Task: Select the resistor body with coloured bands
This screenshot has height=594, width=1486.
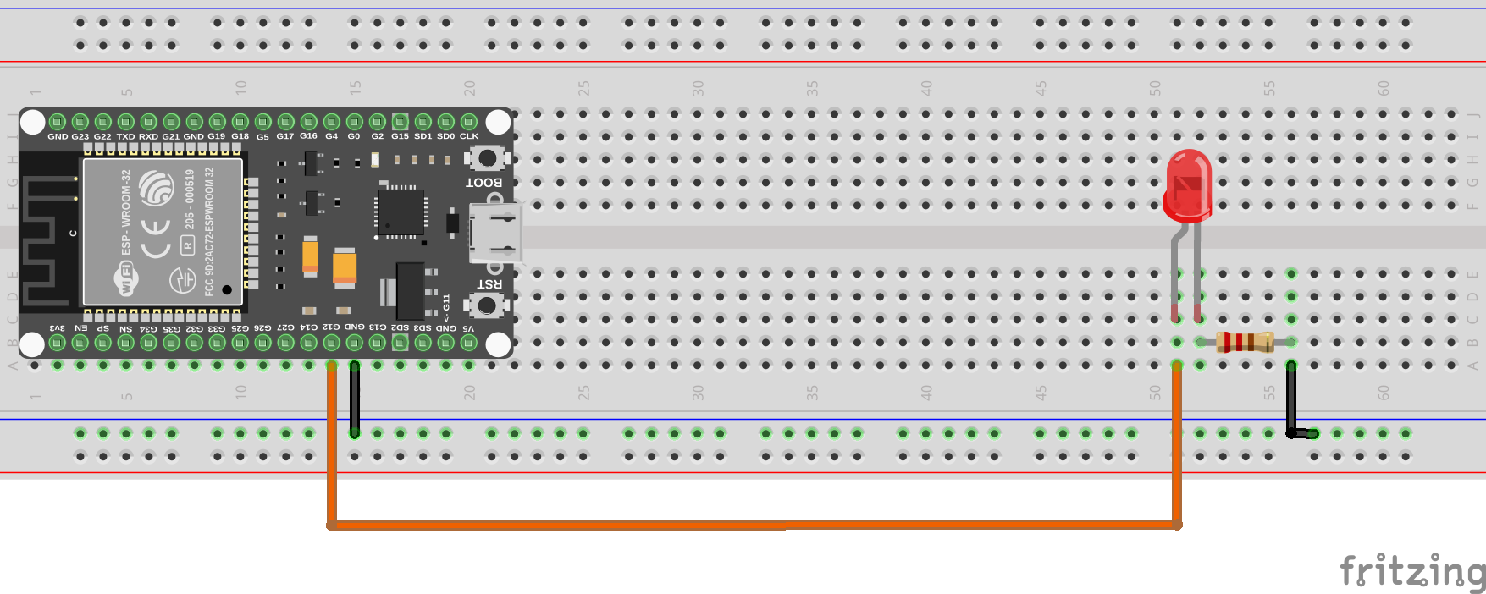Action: coord(1245,342)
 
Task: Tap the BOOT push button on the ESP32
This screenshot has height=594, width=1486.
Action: coord(487,158)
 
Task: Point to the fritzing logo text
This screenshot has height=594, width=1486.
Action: coord(1411,571)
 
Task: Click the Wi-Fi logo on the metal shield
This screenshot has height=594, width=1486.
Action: coord(126,278)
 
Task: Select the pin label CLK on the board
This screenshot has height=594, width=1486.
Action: coord(469,136)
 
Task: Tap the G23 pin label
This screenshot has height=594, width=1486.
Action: coord(80,136)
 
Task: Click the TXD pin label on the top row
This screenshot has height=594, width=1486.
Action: coord(125,136)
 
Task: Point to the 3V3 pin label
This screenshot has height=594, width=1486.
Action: coord(57,328)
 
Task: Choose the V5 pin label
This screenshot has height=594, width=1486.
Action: coord(468,328)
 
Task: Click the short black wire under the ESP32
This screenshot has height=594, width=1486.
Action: coord(355,398)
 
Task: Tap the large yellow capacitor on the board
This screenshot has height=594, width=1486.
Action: coord(344,267)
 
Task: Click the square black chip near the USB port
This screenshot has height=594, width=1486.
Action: coord(401,212)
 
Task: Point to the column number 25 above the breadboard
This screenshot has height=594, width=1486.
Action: coord(583,88)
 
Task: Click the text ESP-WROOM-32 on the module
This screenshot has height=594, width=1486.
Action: coord(126,212)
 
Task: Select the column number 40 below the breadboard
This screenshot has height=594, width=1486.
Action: coord(926,393)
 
